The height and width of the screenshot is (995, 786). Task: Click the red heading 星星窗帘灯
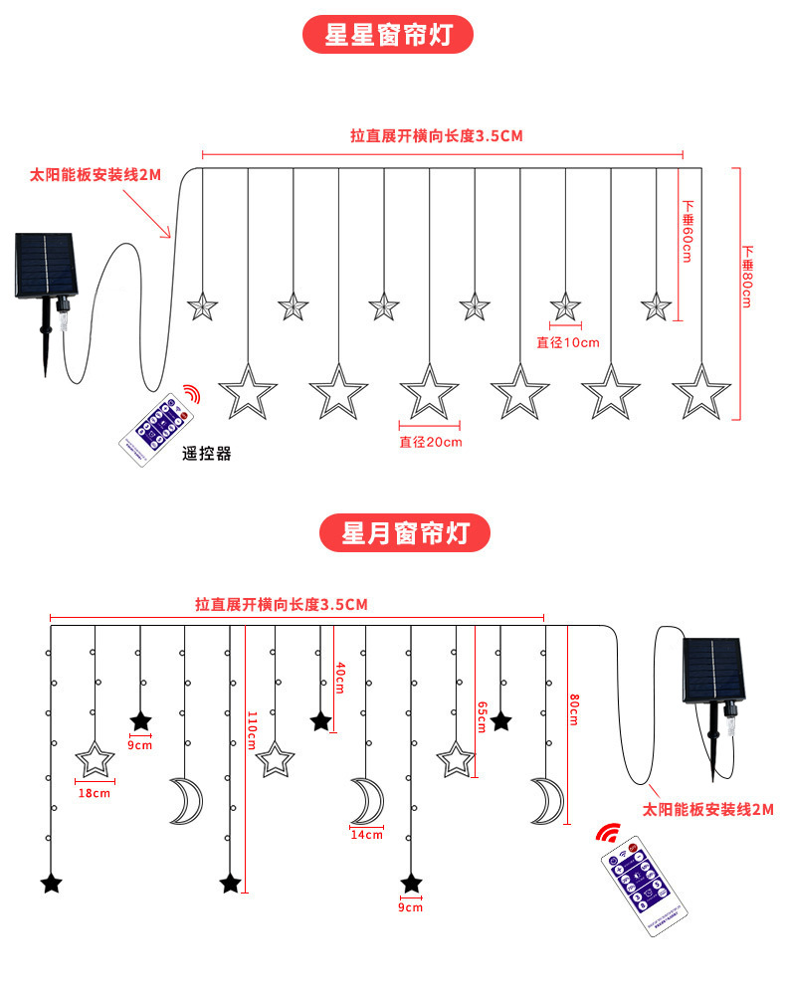[388, 34]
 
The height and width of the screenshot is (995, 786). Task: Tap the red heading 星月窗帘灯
[404, 533]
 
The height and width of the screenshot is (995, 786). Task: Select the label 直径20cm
[431, 442]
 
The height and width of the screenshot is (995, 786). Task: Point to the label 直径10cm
[568, 342]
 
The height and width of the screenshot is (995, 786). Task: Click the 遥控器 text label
[207, 454]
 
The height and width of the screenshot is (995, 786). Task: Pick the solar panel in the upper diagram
[45, 265]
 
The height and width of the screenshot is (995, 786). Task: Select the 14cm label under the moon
[366, 835]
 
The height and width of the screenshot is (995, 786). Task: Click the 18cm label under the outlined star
[95, 793]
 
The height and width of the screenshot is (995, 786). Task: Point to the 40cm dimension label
[340, 678]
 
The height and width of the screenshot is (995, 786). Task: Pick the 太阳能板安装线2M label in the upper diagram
[95, 175]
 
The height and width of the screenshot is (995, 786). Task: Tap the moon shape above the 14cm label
[367, 801]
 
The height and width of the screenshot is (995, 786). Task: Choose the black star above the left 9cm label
[140, 720]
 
